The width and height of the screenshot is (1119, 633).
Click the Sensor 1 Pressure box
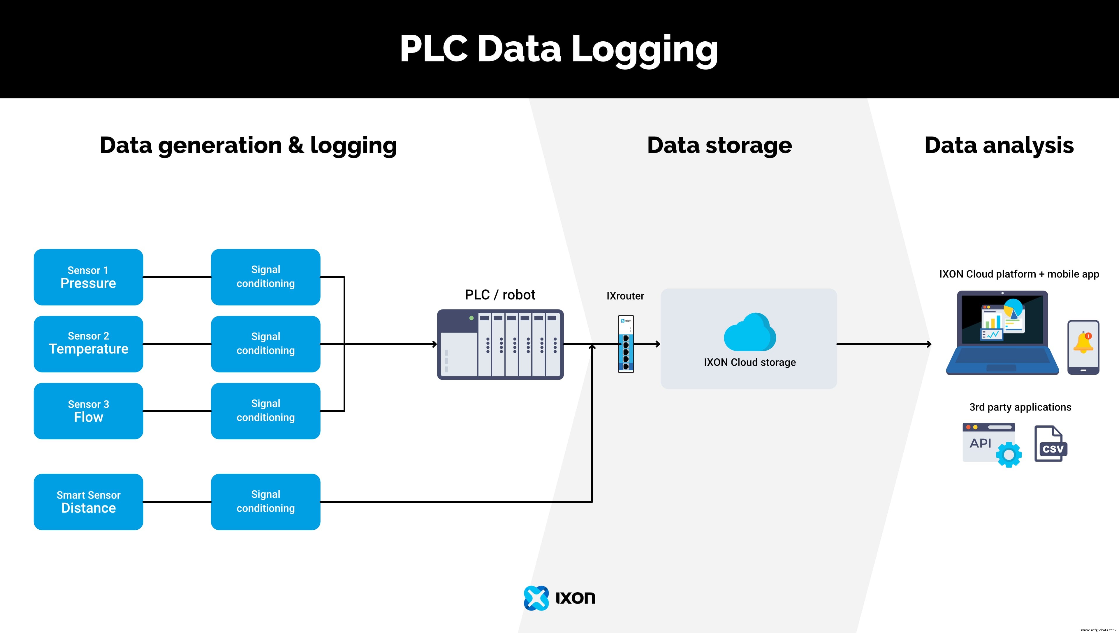[x=88, y=277]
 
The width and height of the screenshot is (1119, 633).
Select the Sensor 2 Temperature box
[x=88, y=344]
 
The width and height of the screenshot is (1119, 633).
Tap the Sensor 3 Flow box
[x=88, y=411]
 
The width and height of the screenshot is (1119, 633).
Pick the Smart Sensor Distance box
[x=88, y=502]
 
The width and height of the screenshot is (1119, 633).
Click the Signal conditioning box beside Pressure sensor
[x=265, y=277]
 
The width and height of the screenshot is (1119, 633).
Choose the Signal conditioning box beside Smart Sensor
[x=265, y=502]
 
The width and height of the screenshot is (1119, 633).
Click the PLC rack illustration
[x=500, y=344]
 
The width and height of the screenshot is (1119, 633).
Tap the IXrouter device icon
[x=626, y=344]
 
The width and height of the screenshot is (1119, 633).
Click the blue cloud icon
[x=749, y=333]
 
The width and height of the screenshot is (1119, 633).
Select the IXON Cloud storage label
[x=749, y=362]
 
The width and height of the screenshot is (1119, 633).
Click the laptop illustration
[x=1002, y=333]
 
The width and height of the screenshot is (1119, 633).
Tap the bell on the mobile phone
[x=1083, y=343]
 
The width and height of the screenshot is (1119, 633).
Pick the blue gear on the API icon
[x=1009, y=455]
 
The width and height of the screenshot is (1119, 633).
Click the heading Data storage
[x=719, y=145]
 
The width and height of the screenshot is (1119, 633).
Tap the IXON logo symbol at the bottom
[x=536, y=598]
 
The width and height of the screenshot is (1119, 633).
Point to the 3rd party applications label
[x=1020, y=407]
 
